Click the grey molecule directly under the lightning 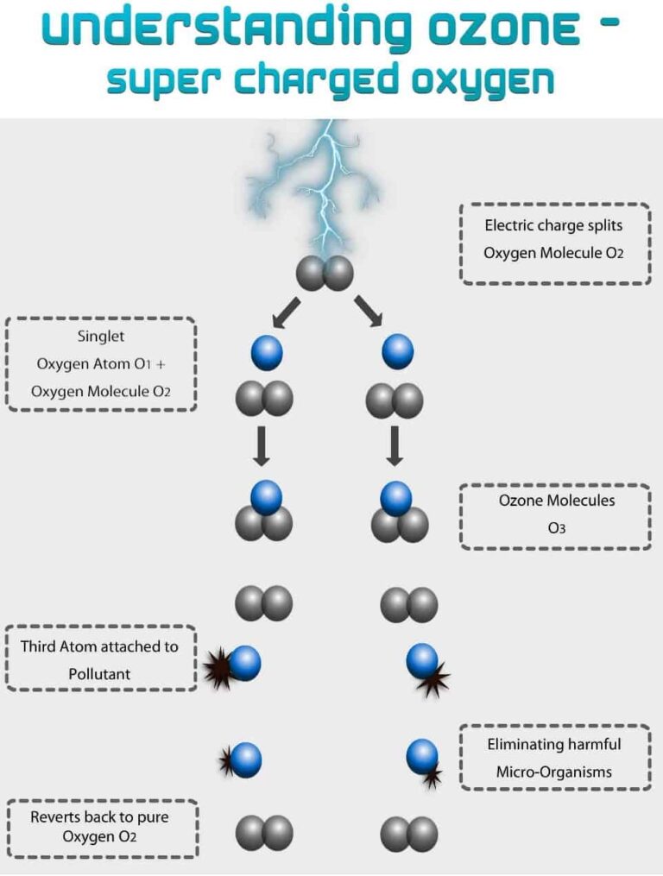[325, 273]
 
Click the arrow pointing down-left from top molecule [287, 312]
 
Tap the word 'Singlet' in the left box [101, 337]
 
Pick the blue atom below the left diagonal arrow [267, 352]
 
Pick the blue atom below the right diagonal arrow [397, 352]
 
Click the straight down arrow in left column [262, 446]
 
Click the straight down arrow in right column [395, 446]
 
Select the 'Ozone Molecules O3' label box [555, 516]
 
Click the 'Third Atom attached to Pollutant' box [100, 659]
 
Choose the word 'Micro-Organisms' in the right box [553, 772]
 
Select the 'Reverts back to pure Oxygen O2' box [102, 828]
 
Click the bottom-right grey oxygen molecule [409, 834]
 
